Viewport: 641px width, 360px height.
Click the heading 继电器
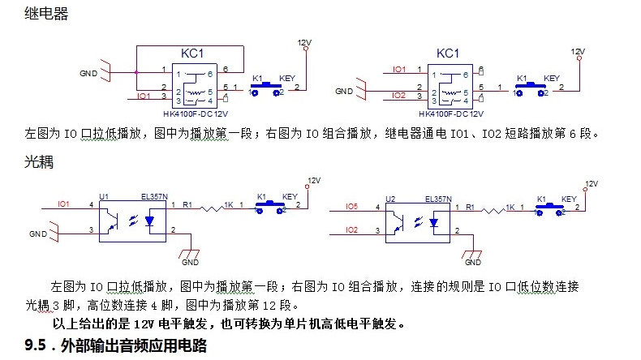[46, 15]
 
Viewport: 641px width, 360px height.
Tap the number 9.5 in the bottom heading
[38, 346]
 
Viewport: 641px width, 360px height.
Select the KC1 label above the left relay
[191, 53]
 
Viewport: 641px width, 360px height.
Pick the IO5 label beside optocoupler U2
[351, 208]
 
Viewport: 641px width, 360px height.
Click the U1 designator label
[103, 196]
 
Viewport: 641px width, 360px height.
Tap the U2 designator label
[390, 197]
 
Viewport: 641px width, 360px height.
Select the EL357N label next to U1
[154, 196]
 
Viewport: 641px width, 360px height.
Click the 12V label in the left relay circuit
[304, 41]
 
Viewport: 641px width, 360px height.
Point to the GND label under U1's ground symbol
[190, 263]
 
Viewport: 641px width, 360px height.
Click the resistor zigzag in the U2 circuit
[491, 209]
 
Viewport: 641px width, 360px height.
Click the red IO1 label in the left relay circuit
[144, 96]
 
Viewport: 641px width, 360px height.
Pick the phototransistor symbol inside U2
[398, 221]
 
